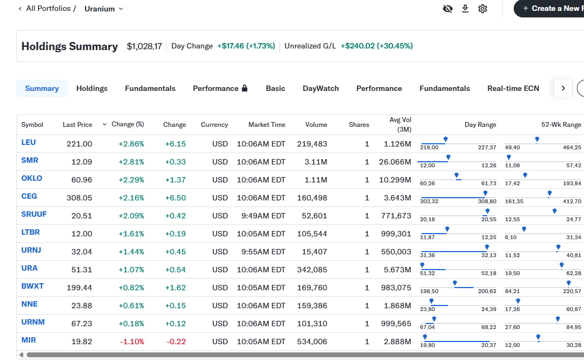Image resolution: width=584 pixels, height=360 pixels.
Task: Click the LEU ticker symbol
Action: pos(28,142)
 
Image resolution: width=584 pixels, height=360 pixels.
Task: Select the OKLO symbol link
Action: pos(32,178)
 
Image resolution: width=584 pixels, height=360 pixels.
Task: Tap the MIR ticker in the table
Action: pos(28,340)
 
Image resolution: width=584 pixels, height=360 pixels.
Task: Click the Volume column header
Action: pos(316,125)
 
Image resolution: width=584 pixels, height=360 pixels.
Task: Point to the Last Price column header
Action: pos(77,125)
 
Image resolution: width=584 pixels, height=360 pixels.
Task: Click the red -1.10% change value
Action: pos(132,341)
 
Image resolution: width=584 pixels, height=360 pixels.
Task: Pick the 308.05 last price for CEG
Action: pos(80,198)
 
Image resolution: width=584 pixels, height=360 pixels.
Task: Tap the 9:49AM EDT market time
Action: pos(261,216)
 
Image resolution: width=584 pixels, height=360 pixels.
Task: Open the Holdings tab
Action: pos(92,88)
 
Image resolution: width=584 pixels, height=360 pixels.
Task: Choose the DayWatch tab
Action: pos(320,88)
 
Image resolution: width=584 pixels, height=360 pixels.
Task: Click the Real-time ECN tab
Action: pos(513,88)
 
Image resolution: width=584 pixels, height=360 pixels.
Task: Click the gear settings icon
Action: pos(483,9)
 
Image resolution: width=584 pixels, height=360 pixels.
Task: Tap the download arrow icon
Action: pos(465,9)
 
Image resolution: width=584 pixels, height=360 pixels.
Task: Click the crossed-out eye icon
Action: pos(448,9)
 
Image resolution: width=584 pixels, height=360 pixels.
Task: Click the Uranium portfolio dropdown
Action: pos(104,9)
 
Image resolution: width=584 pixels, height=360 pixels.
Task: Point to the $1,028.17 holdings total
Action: pos(144,46)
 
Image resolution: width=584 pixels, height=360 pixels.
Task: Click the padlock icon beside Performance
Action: pos(245,88)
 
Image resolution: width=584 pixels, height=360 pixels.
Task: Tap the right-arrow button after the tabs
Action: pos(563,88)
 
